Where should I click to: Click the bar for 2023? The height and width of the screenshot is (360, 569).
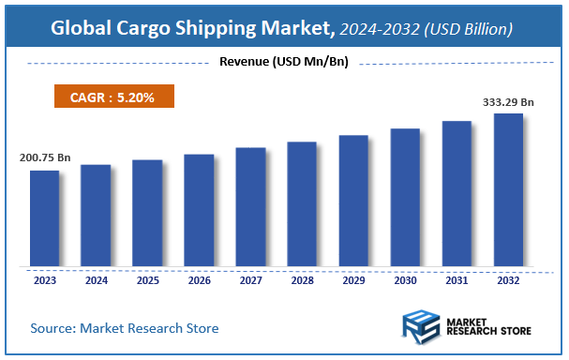[44, 217]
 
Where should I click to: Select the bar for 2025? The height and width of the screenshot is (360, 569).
[147, 213]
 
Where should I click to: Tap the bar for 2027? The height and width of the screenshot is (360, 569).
[250, 206]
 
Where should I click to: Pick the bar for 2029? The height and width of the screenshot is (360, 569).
[353, 201]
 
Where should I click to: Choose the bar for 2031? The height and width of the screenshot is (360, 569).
[457, 193]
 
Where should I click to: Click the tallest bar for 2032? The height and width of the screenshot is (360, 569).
[508, 189]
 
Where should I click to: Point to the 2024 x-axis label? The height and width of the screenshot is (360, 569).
[96, 279]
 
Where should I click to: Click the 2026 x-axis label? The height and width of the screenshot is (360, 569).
[199, 279]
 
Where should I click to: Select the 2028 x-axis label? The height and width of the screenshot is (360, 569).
[302, 279]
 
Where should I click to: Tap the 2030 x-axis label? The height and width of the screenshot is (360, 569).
[405, 279]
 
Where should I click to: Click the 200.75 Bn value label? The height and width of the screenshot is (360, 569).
[45, 157]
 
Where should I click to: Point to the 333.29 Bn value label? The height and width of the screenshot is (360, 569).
[508, 101]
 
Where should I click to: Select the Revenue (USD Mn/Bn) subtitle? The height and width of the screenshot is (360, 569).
[284, 63]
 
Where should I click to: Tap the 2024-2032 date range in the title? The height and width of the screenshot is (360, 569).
[382, 30]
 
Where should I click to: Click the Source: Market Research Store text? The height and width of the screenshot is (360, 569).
[124, 328]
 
